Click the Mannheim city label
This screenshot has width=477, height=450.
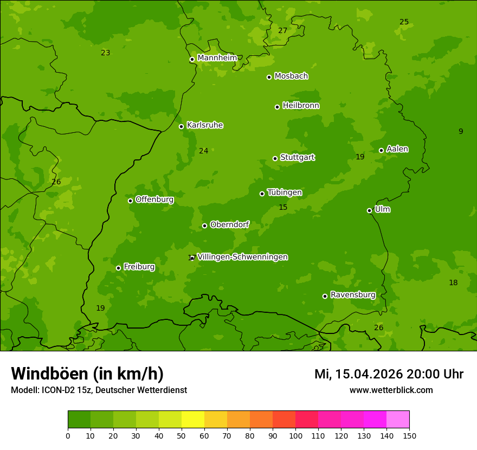pyautogui.click(x=217, y=58)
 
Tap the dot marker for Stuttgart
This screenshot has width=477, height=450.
pyautogui.click(x=275, y=158)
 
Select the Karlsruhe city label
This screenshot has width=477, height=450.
pyautogui.click(x=205, y=125)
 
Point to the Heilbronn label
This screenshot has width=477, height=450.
pyautogui.click(x=301, y=106)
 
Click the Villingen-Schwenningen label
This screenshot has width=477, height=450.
pyautogui.click(x=242, y=257)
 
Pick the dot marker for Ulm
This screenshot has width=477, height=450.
pyautogui.click(x=369, y=210)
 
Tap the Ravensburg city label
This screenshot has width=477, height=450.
pyautogui.click(x=353, y=295)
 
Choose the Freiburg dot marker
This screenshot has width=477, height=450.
pyautogui.click(x=118, y=268)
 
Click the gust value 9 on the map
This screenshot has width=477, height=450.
pyautogui.click(x=461, y=131)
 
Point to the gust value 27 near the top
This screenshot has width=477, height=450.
pyautogui.click(x=282, y=31)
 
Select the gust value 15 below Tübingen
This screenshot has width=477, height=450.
pyautogui.click(x=283, y=208)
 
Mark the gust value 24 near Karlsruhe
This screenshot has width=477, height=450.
pyautogui.click(x=203, y=151)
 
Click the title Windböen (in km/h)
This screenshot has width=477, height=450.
pyautogui.click(x=87, y=374)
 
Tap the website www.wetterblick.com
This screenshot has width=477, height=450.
pyautogui.click(x=391, y=390)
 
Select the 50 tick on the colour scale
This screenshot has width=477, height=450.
pyautogui.click(x=182, y=435)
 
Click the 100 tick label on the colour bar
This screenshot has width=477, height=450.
pyautogui.click(x=295, y=435)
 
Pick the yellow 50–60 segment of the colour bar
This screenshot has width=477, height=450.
pyautogui.click(x=193, y=420)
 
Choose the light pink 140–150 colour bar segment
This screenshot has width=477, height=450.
pyautogui.click(x=398, y=420)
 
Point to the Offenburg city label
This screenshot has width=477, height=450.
pyautogui.click(x=154, y=200)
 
